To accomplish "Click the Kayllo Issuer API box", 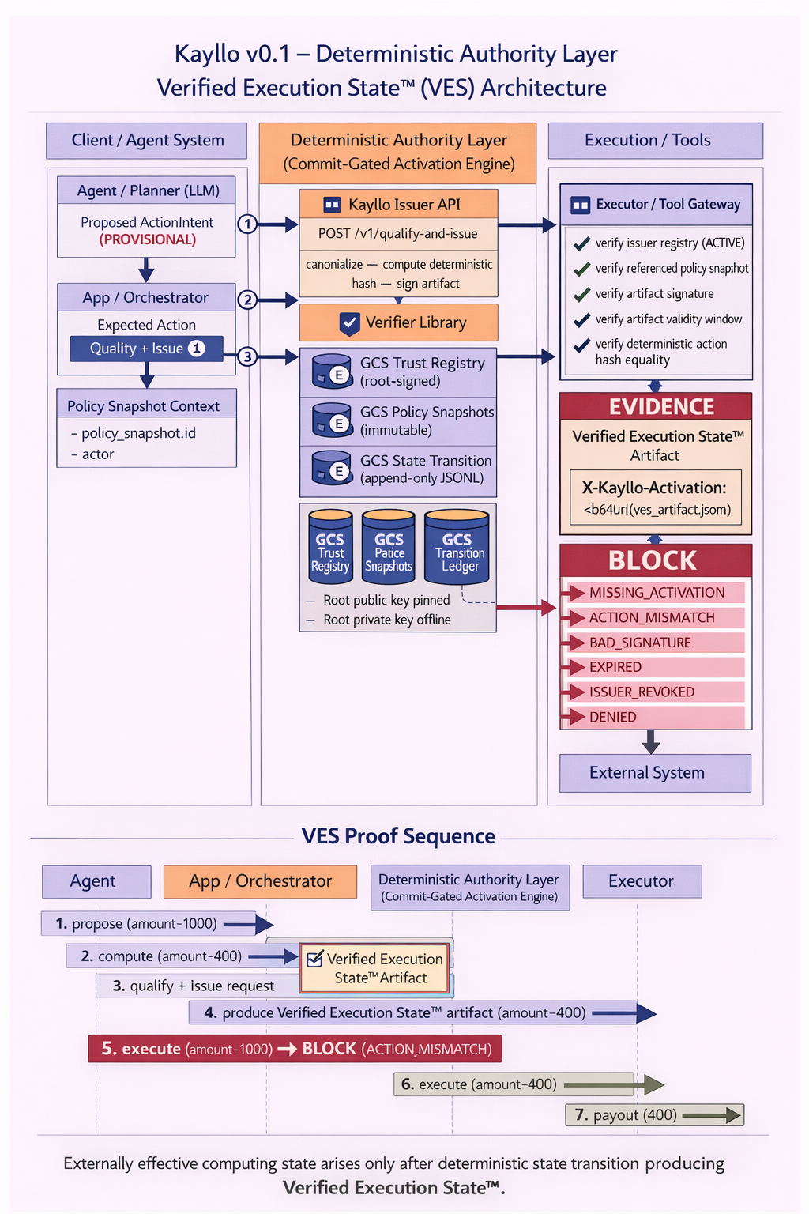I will pos(398,205).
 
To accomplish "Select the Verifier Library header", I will pos(398,322).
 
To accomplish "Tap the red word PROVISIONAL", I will pos(147,239).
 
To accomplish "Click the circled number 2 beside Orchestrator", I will pos(247,300).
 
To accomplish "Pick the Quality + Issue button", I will pos(146,349).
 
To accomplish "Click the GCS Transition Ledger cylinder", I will pos(457,548).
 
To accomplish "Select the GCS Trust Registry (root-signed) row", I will pos(398,372).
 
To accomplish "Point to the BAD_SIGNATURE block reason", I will pos(640,643).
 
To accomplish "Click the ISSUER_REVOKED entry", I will pos(642,692).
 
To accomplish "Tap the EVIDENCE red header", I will pos(656,406).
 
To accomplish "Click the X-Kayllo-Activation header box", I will pos(656,497).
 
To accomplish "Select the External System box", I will pos(655,773).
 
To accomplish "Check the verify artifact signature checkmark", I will pos(582,294).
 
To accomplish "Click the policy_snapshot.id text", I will pos(138,433).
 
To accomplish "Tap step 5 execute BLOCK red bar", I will pos(295,1049).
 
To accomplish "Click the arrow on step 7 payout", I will pos(711,1115).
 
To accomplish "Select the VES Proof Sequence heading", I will pos(398,836).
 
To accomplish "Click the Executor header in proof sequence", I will pos(642,881).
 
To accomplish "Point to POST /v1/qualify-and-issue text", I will pos(398,234).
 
